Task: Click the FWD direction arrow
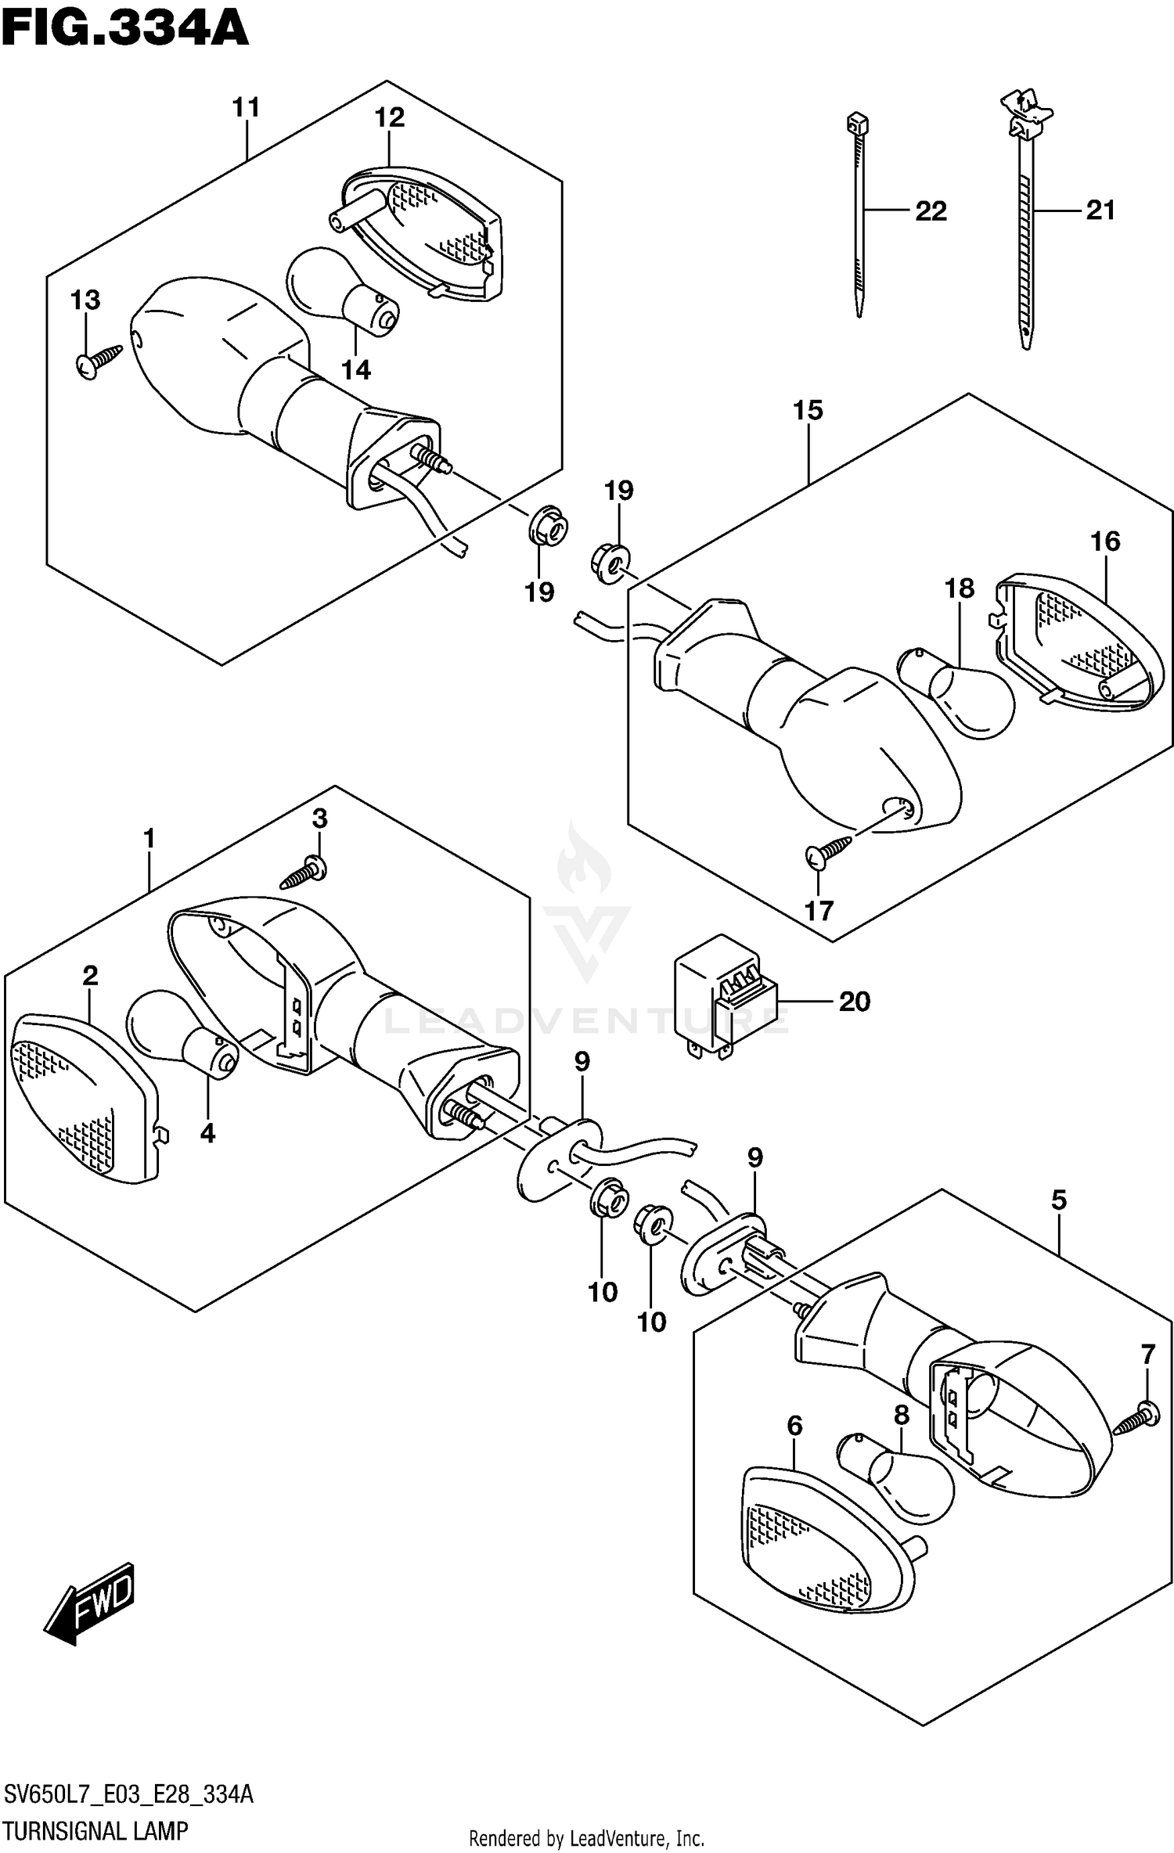[x=90, y=1603]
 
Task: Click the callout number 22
[x=931, y=211]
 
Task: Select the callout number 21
[x=1100, y=210]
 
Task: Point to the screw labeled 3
[x=304, y=873]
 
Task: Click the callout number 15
[x=808, y=410]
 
